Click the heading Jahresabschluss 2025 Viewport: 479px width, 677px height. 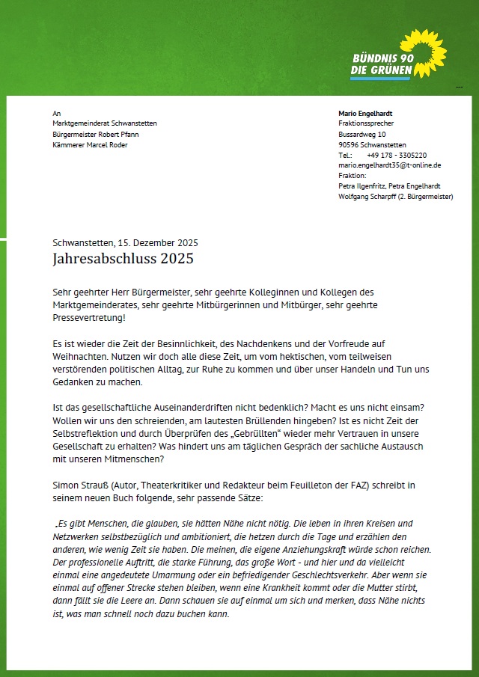[x=123, y=259]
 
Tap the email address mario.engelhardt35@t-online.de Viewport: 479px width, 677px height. [x=389, y=165]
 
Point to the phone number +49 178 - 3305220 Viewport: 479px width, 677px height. [x=397, y=155]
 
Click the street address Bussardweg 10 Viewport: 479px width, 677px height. [x=361, y=134]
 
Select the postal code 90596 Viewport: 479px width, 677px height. [x=349, y=144]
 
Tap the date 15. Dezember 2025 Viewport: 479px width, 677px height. [x=157, y=242]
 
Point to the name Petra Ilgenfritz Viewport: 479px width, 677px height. [x=362, y=186]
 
